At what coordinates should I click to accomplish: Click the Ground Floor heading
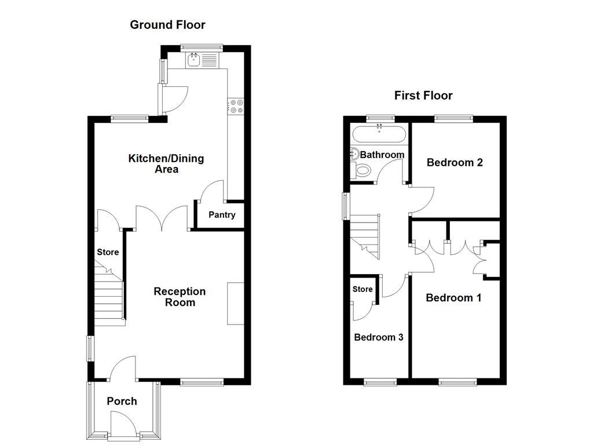167,24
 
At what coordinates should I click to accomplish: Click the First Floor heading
423,96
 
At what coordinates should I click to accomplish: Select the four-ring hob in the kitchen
236,105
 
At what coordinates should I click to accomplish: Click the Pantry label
222,215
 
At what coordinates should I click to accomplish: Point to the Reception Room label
180,297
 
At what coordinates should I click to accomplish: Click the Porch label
122,401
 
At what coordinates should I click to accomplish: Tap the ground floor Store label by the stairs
108,252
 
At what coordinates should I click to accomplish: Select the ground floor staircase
109,296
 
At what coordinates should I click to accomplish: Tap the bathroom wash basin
354,154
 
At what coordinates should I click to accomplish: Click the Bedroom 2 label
455,162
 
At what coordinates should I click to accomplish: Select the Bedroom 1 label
453,298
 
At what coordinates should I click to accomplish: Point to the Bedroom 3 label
379,337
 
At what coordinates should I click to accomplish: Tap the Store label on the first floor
363,289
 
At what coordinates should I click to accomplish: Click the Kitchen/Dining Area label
166,164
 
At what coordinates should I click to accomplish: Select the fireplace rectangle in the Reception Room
236,304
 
